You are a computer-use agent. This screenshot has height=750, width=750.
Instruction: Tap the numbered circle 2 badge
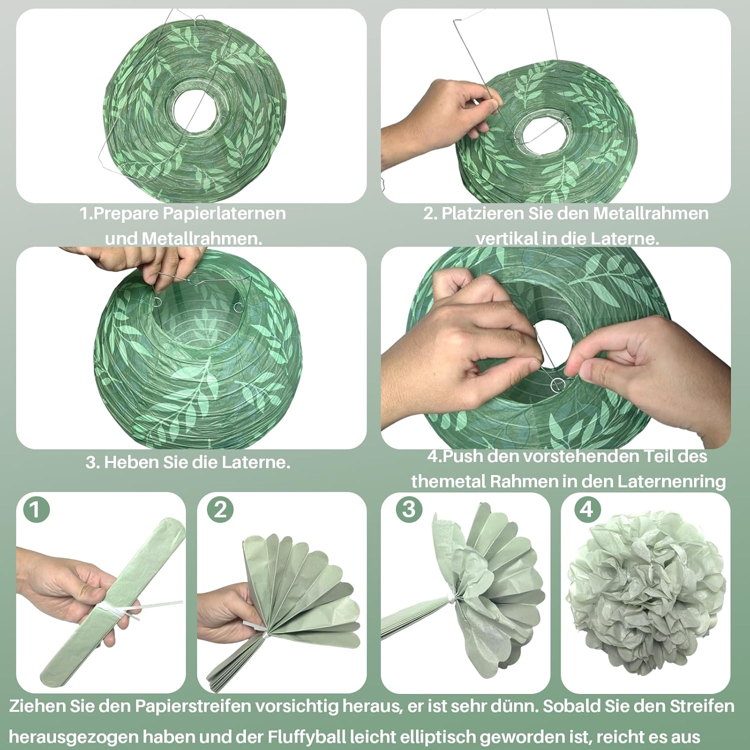click(x=220, y=510)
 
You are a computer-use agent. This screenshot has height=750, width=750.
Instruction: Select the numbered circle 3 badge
click(x=409, y=509)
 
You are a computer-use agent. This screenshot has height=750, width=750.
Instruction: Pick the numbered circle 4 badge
click(x=587, y=509)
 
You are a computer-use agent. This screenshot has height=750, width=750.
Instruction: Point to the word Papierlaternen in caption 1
click(x=224, y=213)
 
